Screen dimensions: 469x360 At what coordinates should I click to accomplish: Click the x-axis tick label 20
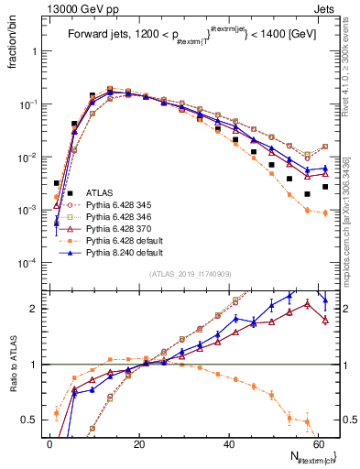(140, 443)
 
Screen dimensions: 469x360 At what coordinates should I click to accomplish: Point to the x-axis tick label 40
(231, 443)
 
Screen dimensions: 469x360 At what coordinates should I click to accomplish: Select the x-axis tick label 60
(321, 443)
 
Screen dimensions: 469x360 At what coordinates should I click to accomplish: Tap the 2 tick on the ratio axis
(37, 309)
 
